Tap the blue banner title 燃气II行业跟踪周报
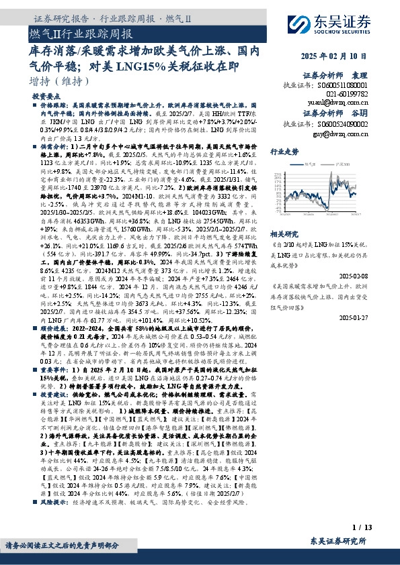pyautogui.click(x=81, y=33)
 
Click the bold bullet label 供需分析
pyautogui.click(x=52, y=144)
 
